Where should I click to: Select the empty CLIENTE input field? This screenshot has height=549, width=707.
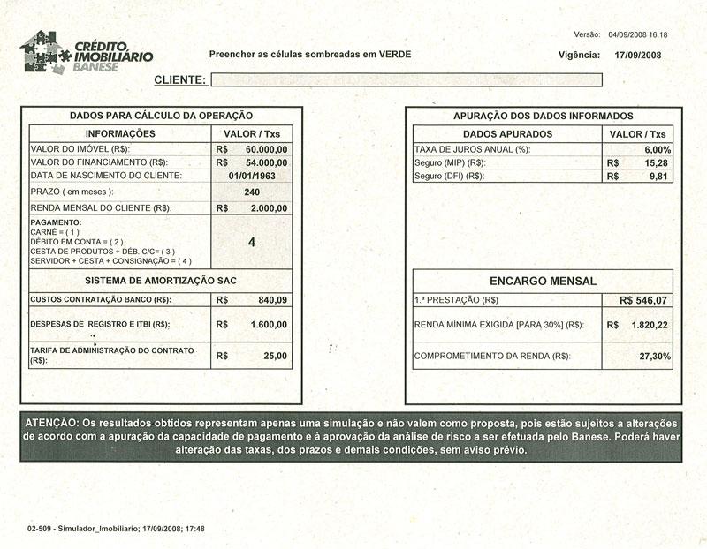406,80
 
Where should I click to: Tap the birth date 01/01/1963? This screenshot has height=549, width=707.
252,176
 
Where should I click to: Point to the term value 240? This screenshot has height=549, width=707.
252,192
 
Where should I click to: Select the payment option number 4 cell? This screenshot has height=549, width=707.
252,241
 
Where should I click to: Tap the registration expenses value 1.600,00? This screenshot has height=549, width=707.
266,325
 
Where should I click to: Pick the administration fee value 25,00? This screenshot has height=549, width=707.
275,356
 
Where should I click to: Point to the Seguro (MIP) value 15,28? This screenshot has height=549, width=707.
655,163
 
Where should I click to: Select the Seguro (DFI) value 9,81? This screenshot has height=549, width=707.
658,177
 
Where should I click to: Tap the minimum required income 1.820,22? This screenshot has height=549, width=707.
650,325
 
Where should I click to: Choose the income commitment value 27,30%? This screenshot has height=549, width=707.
653,356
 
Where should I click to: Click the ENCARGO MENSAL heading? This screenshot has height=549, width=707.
543,281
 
